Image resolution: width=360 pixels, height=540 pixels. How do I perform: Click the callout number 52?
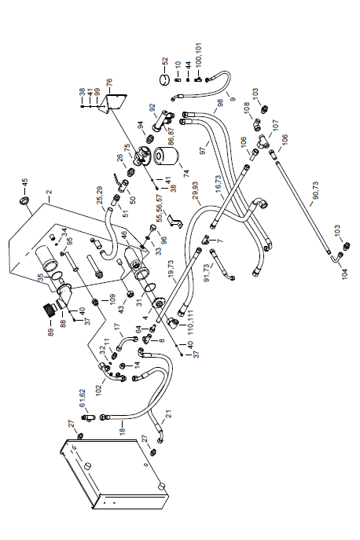pos(164,61)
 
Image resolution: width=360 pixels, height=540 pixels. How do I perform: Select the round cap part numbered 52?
pos(164,80)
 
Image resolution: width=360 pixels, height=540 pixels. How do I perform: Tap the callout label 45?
pos(24,182)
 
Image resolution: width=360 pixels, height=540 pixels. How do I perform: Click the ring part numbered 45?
pos(24,200)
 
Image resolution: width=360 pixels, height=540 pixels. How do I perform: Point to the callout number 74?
pos(186,173)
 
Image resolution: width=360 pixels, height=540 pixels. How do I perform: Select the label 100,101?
pos(198,54)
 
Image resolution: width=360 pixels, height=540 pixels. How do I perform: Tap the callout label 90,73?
pos(315,190)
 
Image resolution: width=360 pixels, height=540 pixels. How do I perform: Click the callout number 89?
pos(51,332)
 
